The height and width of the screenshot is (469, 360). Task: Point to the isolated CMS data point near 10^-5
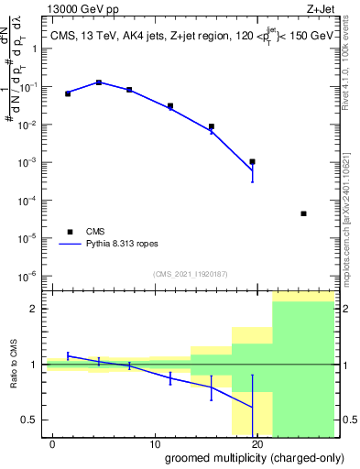pos(303,213)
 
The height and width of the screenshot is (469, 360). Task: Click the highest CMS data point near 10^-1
pos(99,82)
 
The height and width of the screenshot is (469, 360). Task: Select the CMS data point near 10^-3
pos(252,161)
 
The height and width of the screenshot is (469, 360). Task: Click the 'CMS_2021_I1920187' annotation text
pos(190,274)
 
